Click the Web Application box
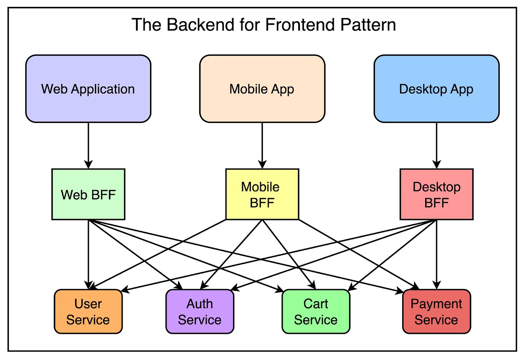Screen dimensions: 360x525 click(88, 89)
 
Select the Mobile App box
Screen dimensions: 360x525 click(262, 89)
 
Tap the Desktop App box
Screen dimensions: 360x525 click(436, 89)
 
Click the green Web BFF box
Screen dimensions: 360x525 click(88, 194)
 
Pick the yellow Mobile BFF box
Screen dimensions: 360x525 click(262, 194)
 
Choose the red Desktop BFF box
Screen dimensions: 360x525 click(436, 194)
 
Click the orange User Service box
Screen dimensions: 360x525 click(88, 312)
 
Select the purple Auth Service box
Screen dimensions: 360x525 click(200, 312)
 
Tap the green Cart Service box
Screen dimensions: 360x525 click(316, 312)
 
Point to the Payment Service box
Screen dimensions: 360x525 click(436, 312)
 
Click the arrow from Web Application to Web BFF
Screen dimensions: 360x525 click(88, 144)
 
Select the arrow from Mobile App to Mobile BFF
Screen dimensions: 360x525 click(262, 144)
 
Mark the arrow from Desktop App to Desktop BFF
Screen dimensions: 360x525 click(437, 144)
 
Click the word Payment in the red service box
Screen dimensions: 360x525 click(436, 304)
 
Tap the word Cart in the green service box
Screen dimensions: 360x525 click(316, 304)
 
